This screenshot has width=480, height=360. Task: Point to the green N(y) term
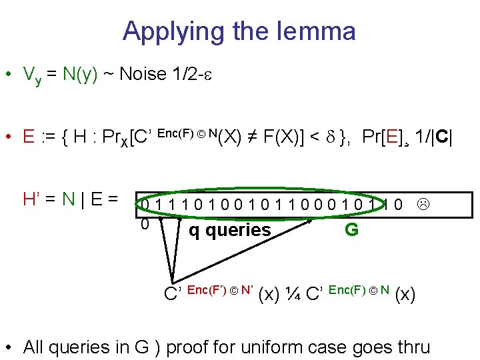(x=81, y=74)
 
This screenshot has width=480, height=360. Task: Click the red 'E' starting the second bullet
(x=29, y=137)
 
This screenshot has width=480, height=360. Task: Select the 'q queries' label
(x=230, y=231)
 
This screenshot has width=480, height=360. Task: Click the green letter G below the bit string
(x=351, y=230)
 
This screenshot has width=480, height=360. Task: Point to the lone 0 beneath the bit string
(x=144, y=225)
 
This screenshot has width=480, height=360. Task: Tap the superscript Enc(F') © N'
(x=219, y=289)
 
